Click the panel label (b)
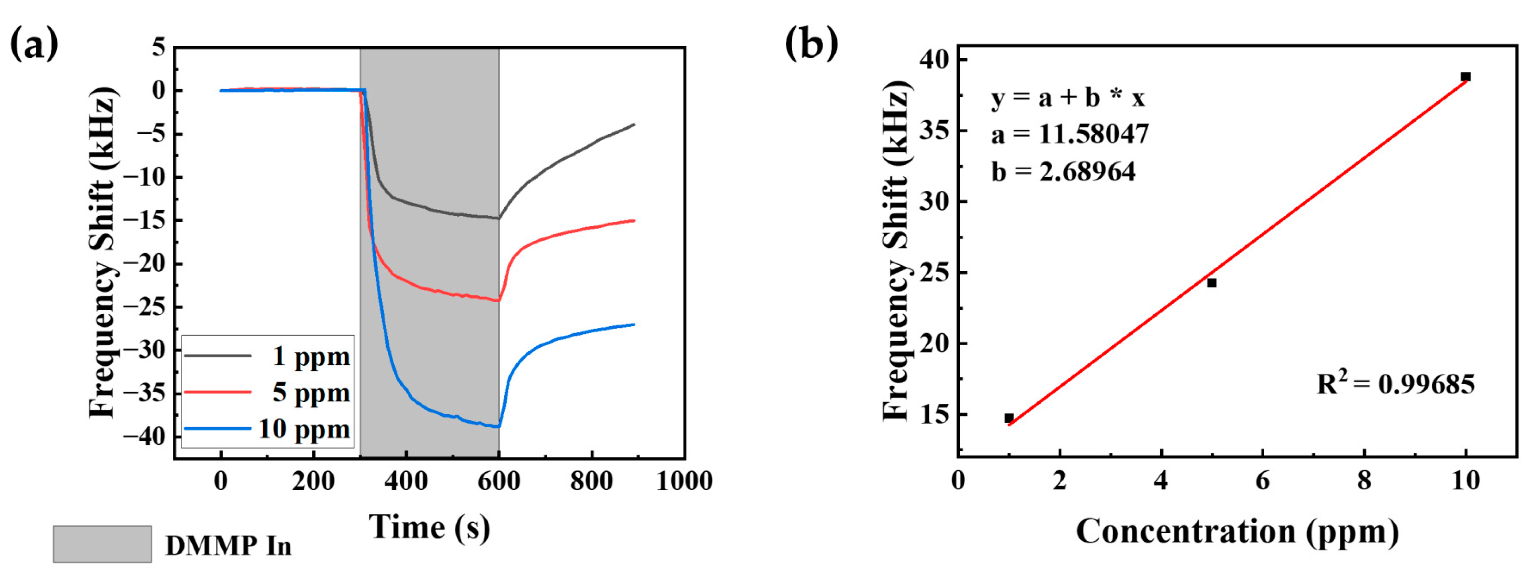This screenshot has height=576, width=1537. coord(811,44)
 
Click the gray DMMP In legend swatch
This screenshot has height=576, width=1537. coord(102,544)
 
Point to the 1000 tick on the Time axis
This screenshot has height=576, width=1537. coord(685,481)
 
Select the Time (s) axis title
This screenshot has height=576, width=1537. coord(429,527)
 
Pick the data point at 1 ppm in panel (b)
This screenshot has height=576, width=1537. coord(1008,418)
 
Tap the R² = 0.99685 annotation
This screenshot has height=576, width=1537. coord(1395,384)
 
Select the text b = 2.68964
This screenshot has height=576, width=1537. coord(1063,172)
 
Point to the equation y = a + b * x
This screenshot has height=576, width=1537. coord(1068,97)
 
